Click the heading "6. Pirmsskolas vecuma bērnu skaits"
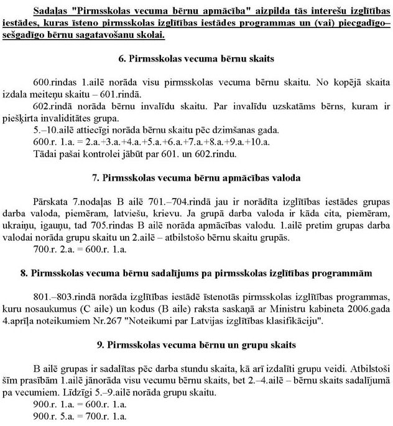point(196,60)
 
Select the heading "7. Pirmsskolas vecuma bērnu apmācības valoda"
point(196,178)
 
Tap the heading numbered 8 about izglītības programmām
point(196,272)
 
